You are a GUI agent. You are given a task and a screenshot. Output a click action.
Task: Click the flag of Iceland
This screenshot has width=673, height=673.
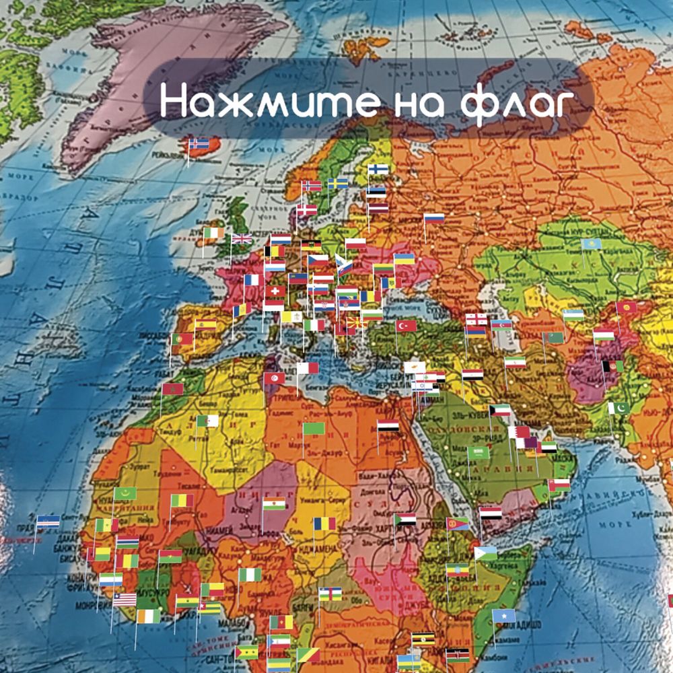point(199,143)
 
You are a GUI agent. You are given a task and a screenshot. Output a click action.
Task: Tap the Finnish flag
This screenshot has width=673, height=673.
point(378,169)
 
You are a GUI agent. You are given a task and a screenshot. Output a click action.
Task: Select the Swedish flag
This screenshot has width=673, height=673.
point(338,183)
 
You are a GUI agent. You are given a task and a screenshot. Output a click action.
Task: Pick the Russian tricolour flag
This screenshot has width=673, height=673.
point(434,219)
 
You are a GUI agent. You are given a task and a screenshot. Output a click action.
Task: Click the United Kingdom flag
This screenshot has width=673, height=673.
point(242,238)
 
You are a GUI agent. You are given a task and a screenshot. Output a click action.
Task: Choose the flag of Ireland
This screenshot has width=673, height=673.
point(213,233)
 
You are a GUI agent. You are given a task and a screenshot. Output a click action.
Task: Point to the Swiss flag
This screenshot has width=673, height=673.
point(275,291)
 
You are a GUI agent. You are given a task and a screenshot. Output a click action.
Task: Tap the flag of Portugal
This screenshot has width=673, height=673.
point(182,339)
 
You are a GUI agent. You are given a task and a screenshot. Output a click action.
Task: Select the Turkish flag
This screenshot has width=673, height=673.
point(406,326)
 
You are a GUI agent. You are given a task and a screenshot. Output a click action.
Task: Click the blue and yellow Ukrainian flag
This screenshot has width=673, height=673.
point(404,258)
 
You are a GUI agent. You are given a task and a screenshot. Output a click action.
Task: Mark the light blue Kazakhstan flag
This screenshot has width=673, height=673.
point(592,244)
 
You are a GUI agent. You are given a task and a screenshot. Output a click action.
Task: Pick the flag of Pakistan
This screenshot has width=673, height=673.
point(620,408)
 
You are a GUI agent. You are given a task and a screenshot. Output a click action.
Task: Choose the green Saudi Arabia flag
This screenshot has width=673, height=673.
point(479,452)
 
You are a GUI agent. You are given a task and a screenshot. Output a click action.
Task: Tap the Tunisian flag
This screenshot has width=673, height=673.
point(274,378)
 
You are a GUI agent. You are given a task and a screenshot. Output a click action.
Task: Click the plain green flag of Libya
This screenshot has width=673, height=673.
point(314,428)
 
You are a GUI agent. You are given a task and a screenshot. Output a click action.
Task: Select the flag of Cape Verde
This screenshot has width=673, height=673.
point(48,521)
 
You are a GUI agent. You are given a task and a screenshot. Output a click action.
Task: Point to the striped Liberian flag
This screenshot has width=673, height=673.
point(125,599)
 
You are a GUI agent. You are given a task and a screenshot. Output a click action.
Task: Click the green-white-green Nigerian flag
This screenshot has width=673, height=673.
point(250,575)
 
